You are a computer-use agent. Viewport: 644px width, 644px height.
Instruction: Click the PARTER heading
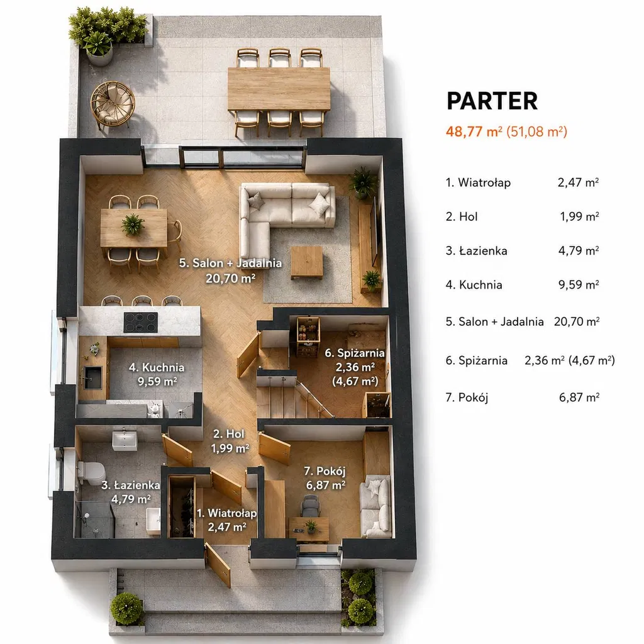click(492, 101)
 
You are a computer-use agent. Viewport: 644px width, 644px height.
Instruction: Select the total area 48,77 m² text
click(474, 131)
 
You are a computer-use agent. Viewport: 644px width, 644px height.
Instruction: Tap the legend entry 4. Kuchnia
click(474, 285)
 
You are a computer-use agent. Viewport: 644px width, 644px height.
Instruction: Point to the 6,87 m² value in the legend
click(579, 397)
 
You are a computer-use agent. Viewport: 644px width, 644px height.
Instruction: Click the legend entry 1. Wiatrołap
click(478, 182)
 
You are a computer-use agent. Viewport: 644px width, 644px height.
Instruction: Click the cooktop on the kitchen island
click(140, 323)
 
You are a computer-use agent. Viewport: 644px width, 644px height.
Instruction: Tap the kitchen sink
click(92, 377)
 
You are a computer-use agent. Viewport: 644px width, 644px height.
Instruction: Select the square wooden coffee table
click(306, 263)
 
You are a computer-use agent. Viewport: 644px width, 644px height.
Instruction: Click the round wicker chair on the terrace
click(112, 103)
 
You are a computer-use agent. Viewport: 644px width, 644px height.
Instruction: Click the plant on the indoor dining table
click(133, 225)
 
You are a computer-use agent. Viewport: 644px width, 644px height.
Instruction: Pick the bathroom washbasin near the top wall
click(125, 440)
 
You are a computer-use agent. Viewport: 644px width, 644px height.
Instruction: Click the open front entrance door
click(218, 564)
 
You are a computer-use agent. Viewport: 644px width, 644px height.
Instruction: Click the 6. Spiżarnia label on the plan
click(355, 353)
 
